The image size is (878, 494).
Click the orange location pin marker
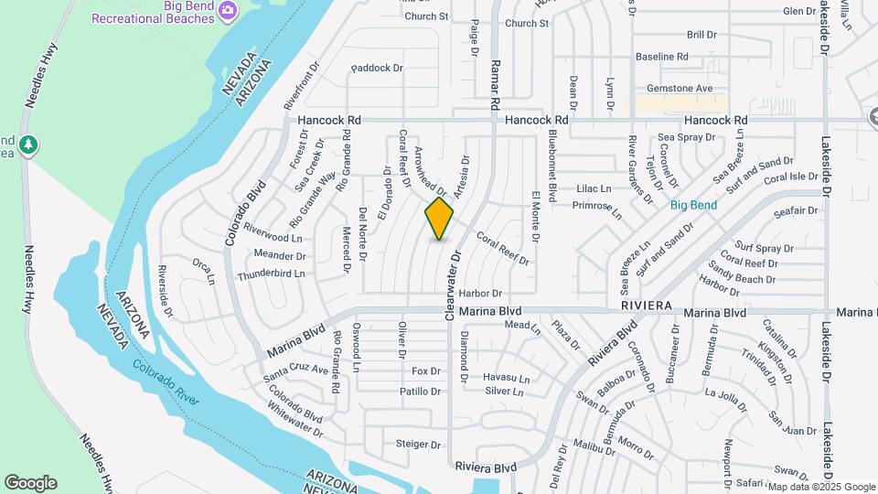pos(439,219)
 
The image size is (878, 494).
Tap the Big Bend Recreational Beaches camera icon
pos(227,10)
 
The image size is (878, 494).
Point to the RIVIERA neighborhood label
pos(646,305)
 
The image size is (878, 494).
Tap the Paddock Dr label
pos(376,68)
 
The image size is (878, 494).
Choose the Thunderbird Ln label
pos(271,274)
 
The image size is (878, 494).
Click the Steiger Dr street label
pos(418,445)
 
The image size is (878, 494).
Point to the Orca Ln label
pos(203,266)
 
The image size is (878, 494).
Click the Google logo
pos(30,483)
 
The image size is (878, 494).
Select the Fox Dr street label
pos(426,370)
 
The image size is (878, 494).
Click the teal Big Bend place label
pos(693,205)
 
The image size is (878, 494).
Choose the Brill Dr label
pos(701,34)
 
